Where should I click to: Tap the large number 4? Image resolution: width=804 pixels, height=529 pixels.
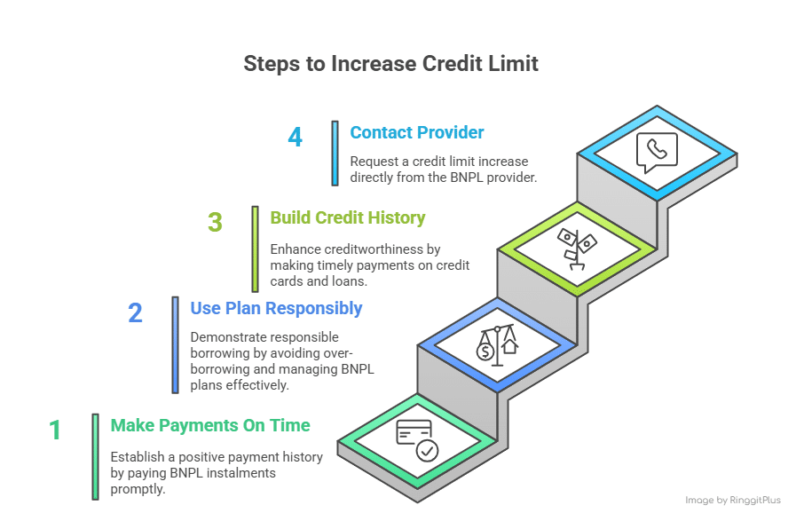pos(296,138)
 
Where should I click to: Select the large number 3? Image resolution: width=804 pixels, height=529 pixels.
pos(216,222)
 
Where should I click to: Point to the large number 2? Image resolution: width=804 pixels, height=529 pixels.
pos(135,313)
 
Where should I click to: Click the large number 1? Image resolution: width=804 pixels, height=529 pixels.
pos(55,430)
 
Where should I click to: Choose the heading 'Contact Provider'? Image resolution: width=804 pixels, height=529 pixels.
pos(417,133)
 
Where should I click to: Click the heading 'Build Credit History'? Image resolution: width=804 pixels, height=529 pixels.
pos(348,218)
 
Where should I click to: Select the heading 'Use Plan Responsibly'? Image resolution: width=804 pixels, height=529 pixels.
pos(276,309)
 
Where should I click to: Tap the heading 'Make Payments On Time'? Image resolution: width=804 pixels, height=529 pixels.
pos(210,426)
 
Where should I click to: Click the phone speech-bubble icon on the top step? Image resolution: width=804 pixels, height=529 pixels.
pos(657,153)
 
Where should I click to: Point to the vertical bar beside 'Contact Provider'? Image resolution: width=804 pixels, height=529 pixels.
pos(335,153)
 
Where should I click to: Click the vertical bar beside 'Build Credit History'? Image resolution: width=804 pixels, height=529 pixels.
pos(256,249)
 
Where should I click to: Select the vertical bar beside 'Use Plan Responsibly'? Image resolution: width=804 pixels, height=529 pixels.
pos(176,344)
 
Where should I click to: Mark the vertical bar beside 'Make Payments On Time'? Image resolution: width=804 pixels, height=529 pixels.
pos(96,456)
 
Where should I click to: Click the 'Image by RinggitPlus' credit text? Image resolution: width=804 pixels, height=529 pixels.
pos(733,501)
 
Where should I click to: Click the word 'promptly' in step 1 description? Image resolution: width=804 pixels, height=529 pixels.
pos(138,488)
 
